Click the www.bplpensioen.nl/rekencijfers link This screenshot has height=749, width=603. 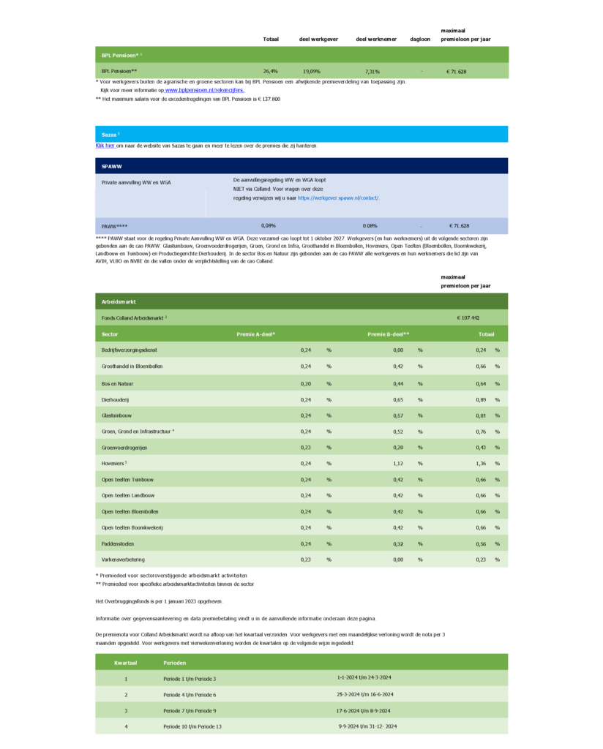point(204,90)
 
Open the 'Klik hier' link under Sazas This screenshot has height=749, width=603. point(105,146)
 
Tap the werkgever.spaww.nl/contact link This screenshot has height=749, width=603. point(338,197)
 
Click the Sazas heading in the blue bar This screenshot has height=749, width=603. point(110,135)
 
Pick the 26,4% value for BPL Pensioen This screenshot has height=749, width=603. point(271,72)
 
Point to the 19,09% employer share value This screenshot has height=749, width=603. point(312,72)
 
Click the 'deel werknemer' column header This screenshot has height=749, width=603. point(375,39)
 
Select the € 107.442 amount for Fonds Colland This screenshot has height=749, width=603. point(468,318)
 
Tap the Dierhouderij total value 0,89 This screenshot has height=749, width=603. point(482,399)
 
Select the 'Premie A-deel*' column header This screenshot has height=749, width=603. point(255,334)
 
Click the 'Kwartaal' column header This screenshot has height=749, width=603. point(125,663)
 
